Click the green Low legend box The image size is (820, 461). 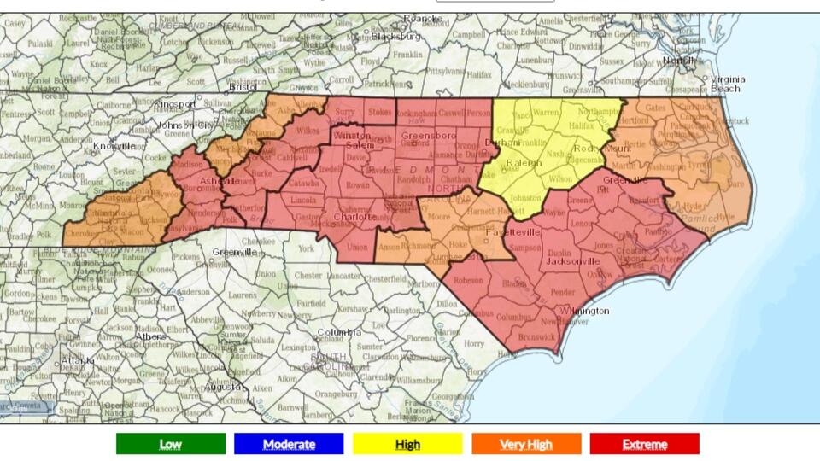coord(171,444)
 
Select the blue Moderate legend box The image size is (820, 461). coord(289,444)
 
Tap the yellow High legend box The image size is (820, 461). coord(407,444)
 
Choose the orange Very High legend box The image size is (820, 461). coord(525,444)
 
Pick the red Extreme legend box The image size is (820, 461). coord(644,444)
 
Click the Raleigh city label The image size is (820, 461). coord(524,163)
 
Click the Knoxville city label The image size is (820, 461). coord(114,146)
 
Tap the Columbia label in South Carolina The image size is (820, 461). coord(339,331)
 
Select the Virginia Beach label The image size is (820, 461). coord(727,84)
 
